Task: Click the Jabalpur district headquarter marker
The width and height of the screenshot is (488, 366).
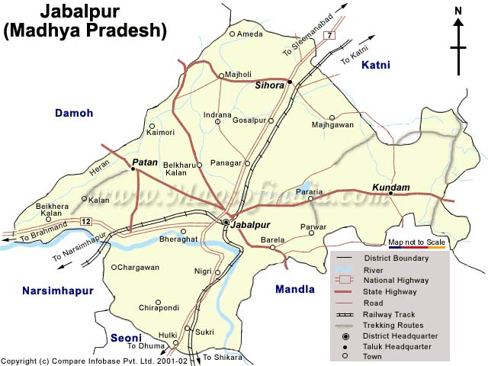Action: (226, 222)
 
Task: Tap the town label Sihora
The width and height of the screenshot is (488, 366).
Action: (269, 86)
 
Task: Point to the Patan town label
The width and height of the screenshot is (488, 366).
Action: (145, 162)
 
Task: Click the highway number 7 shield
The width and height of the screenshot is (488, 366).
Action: (329, 36)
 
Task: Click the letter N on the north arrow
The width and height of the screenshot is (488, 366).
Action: (457, 11)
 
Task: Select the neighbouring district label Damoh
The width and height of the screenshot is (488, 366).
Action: (74, 113)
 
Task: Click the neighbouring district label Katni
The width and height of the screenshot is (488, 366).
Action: (376, 66)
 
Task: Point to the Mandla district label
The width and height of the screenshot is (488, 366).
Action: (294, 289)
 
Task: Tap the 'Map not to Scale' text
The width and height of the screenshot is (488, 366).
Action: (416, 242)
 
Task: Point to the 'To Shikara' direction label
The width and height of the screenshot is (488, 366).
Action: (223, 357)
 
